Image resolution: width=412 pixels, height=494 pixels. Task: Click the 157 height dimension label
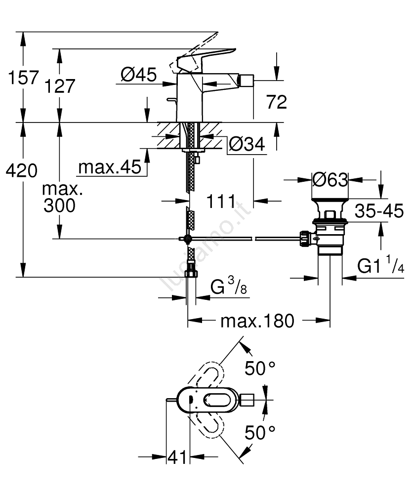point(20,77)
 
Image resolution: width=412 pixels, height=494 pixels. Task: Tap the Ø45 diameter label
point(138,75)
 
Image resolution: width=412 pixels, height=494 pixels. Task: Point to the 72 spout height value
point(276,102)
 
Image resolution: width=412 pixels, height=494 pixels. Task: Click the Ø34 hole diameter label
point(247,144)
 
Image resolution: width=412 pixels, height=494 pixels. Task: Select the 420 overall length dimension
point(21,171)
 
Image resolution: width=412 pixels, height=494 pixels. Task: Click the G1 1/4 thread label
point(381,267)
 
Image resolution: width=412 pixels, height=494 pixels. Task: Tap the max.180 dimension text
point(257,321)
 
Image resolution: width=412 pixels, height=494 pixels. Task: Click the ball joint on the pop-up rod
point(188,239)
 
